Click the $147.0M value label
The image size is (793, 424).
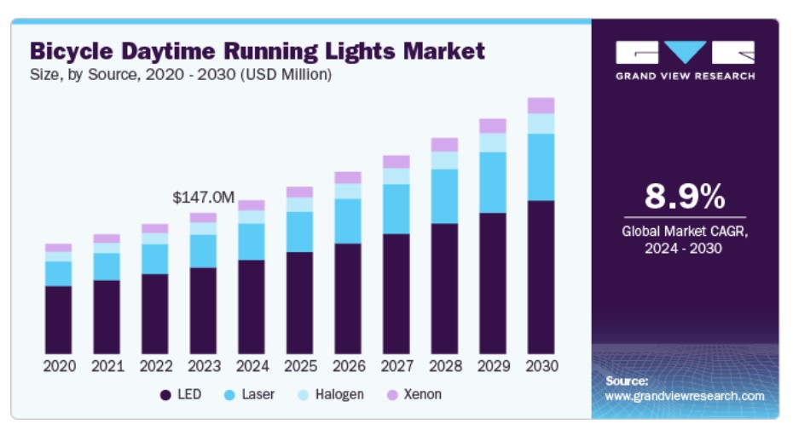pos(203,198)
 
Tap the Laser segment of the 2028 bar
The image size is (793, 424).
pos(444,196)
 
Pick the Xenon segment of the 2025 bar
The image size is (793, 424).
pos(299,192)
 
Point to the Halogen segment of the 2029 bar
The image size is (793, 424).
pos(493,142)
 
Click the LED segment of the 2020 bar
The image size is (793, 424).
pos(59,319)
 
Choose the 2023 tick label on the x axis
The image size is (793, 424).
pos(203,366)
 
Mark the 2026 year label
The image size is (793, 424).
pos(348,366)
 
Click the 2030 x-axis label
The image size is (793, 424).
pos(541,366)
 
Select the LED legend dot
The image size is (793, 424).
pos(165,395)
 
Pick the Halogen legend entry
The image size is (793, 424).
pos(329,395)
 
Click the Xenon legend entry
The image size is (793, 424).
pos(413,395)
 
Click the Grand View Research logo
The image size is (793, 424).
pos(685,60)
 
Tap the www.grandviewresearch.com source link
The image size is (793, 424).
pos(685,397)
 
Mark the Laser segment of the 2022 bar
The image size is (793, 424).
pos(155,259)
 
